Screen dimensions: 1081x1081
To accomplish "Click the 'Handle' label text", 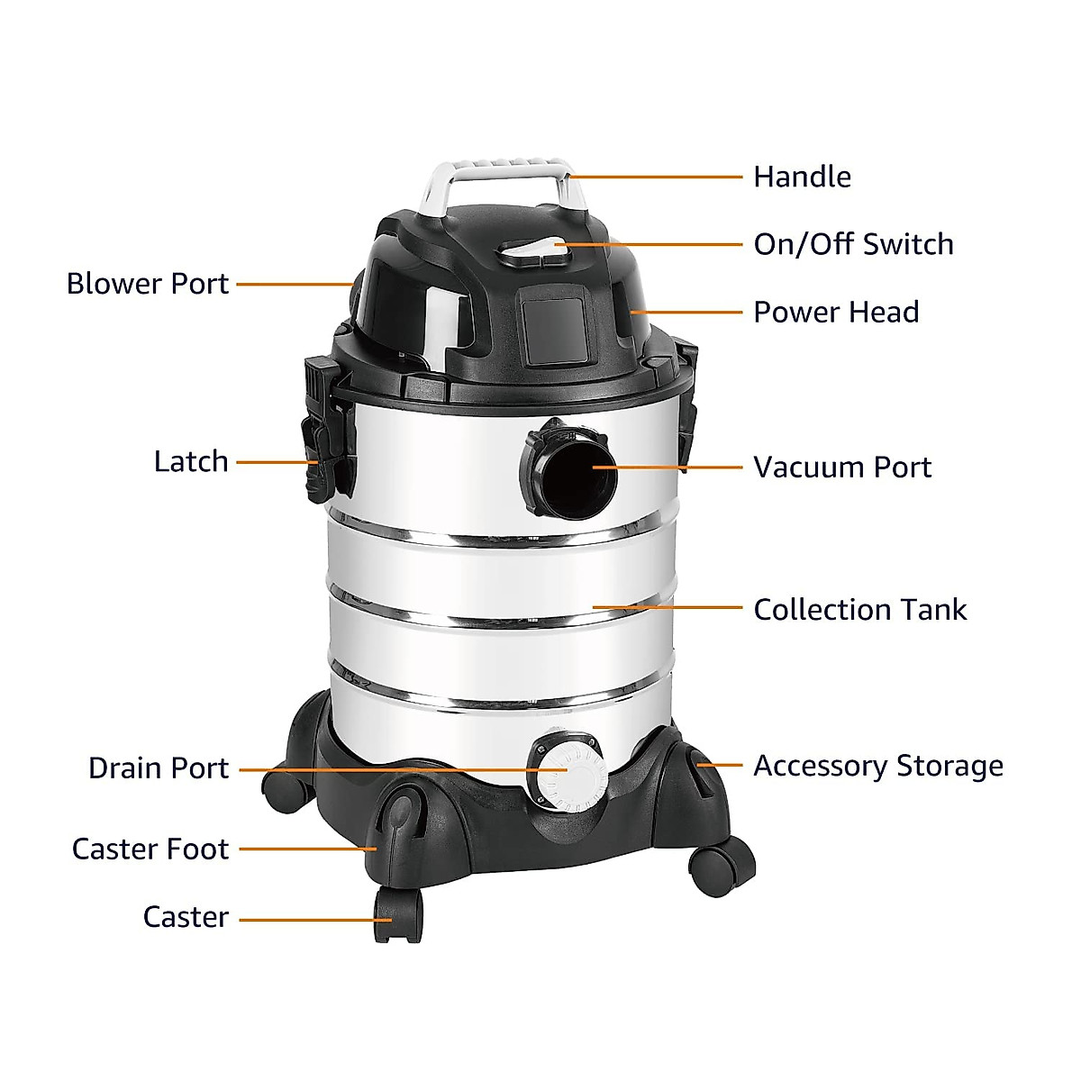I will tap(801, 177).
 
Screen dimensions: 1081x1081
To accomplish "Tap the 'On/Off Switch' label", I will tap(852, 244).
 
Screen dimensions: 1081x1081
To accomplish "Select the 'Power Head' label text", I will tap(835, 313).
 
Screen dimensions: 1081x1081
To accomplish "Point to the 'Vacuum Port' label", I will tap(841, 468).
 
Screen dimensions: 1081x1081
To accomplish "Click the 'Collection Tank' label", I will tap(859, 610).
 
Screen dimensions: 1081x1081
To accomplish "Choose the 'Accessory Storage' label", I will tap(877, 766).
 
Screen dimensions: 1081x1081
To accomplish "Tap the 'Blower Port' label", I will tap(148, 284).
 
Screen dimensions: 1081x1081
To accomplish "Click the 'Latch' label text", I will tap(191, 461).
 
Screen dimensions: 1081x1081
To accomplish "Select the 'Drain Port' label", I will tap(159, 768).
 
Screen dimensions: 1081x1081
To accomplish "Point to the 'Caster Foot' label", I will tap(150, 849).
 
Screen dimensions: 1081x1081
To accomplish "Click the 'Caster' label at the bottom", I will tap(186, 917).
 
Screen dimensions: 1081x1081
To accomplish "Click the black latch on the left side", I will tap(324, 431).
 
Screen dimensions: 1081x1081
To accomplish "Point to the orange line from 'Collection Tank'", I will tap(667, 608).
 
